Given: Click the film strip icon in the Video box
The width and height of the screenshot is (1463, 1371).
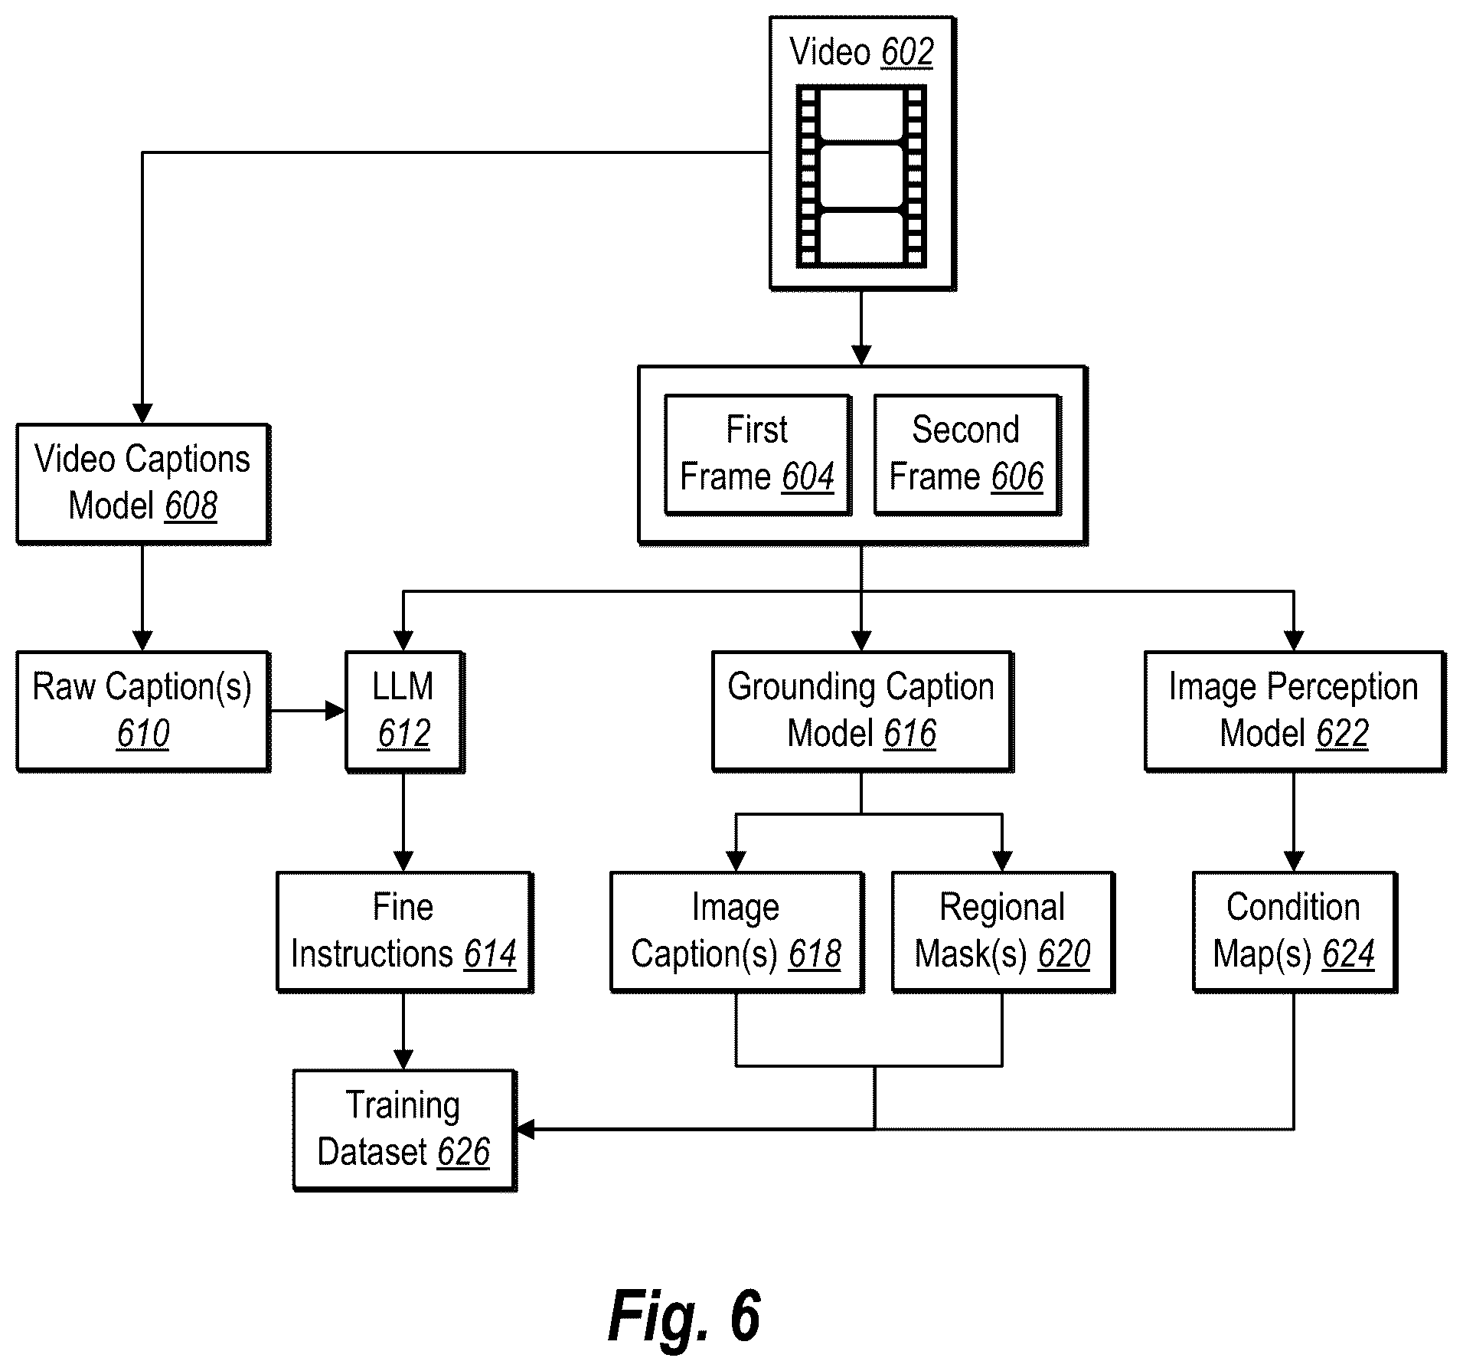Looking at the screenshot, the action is click(x=861, y=175).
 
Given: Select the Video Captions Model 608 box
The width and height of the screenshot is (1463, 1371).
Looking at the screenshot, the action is click(x=143, y=484).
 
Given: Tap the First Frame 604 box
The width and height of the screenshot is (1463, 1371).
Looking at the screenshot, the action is click(x=758, y=455).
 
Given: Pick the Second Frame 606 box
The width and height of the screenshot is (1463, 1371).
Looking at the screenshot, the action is click(x=967, y=455).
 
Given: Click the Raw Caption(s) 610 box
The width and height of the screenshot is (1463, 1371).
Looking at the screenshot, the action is click(x=143, y=712).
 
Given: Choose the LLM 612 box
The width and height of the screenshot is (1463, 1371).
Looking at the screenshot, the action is click(x=404, y=712).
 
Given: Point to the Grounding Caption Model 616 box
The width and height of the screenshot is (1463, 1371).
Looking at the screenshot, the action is click(x=862, y=712).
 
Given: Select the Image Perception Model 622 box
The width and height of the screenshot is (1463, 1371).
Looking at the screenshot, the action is click(x=1295, y=712).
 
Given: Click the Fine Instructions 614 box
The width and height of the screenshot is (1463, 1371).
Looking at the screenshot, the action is click(x=404, y=932).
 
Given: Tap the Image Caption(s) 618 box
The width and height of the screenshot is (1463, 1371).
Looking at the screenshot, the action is click(x=736, y=932).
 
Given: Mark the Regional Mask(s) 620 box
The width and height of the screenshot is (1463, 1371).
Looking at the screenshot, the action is click(x=1003, y=932).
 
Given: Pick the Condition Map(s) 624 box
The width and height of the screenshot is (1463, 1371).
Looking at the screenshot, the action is click(x=1295, y=932).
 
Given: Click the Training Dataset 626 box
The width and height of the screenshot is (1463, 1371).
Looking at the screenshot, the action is click(x=404, y=1130).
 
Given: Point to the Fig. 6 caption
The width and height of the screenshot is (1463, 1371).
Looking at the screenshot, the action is click(x=684, y=1315).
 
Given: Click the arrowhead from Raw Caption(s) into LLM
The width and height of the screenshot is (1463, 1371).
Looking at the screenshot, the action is click(x=336, y=712).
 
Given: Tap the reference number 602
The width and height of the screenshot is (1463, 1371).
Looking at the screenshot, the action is click(x=907, y=53).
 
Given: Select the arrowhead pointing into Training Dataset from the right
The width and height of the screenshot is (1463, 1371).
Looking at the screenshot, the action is click(x=527, y=1129).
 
